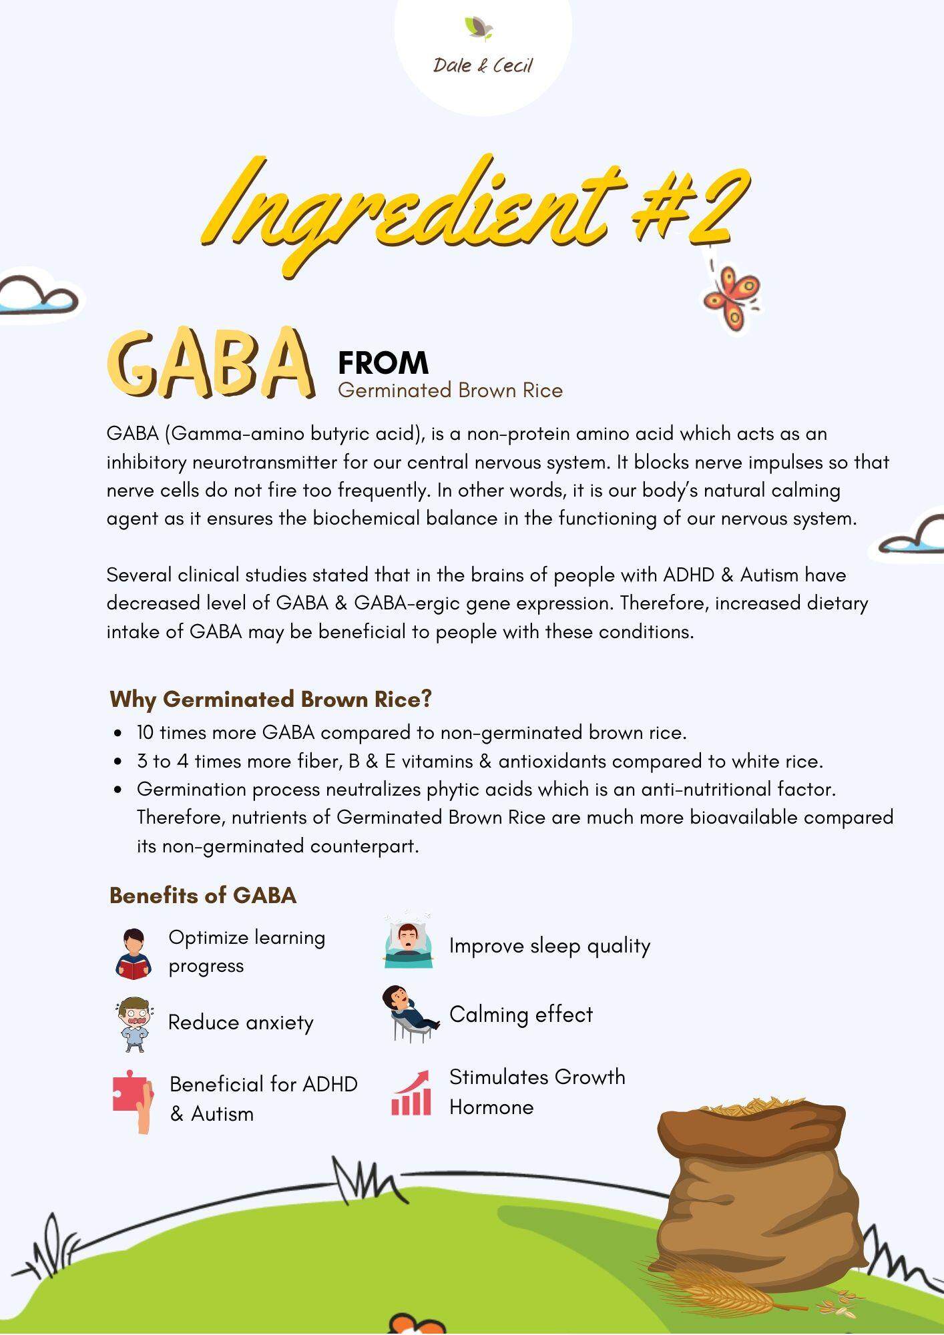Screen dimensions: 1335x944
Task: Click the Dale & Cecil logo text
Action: click(483, 65)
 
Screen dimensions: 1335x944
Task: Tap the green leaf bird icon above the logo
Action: click(479, 27)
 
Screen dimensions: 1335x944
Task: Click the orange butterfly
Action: click(731, 297)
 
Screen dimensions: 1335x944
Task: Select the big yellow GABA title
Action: click(210, 363)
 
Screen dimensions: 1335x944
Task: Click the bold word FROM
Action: click(383, 363)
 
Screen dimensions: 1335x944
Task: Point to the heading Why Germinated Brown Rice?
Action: click(271, 699)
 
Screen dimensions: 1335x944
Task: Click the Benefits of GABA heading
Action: click(203, 895)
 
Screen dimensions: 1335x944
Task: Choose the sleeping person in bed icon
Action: click(408, 941)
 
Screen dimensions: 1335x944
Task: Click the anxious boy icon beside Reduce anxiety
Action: click(134, 1023)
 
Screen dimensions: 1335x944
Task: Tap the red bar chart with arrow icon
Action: click(411, 1093)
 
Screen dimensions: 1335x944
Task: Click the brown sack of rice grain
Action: click(754, 1201)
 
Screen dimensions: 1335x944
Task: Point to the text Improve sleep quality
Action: click(549, 946)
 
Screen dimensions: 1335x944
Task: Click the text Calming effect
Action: click(521, 1015)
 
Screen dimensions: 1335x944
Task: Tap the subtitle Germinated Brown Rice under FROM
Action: click(450, 390)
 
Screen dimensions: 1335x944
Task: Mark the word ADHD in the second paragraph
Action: click(688, 575)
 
